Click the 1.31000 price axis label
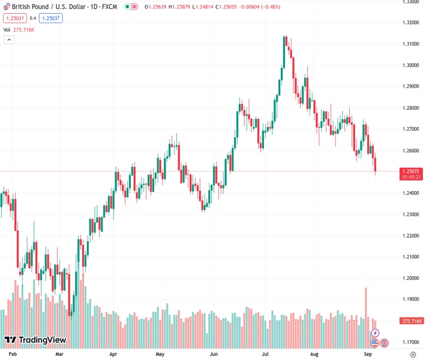412,44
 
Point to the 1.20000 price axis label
412,278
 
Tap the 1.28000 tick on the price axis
412,108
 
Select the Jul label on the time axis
265,355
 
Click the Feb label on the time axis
13,355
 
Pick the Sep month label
368,355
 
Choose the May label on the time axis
160,355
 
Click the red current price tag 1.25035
412,171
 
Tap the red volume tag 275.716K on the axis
412,321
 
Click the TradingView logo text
42,340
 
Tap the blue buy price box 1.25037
51,18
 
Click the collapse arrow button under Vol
9,40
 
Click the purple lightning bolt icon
375,333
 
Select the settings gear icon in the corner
413,355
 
